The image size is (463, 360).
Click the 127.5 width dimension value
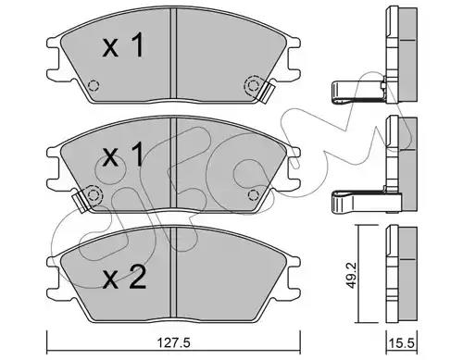pyautogui.click(x=173, y=342)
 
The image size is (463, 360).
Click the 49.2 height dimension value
pyautogui.click(x=351, y=276)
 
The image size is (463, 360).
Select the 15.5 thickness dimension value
pyautogui.click(x=402, y=343)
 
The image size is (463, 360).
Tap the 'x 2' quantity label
pyautogui.click(x=124, y=278)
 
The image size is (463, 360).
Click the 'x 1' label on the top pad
pyautogui.click(x=123, y=45)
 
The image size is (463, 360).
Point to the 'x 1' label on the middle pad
pyautogui.click(x=123, y=154)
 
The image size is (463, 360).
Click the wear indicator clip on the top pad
pyautogui.click(x=268, y=91)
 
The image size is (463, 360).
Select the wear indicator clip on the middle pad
pyautogui.click(x=81, y=201)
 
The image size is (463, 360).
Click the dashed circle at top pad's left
pyautogui.click(x=94, y=85)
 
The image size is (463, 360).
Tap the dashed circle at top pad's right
pyautogui.click(x=253, y=85)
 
